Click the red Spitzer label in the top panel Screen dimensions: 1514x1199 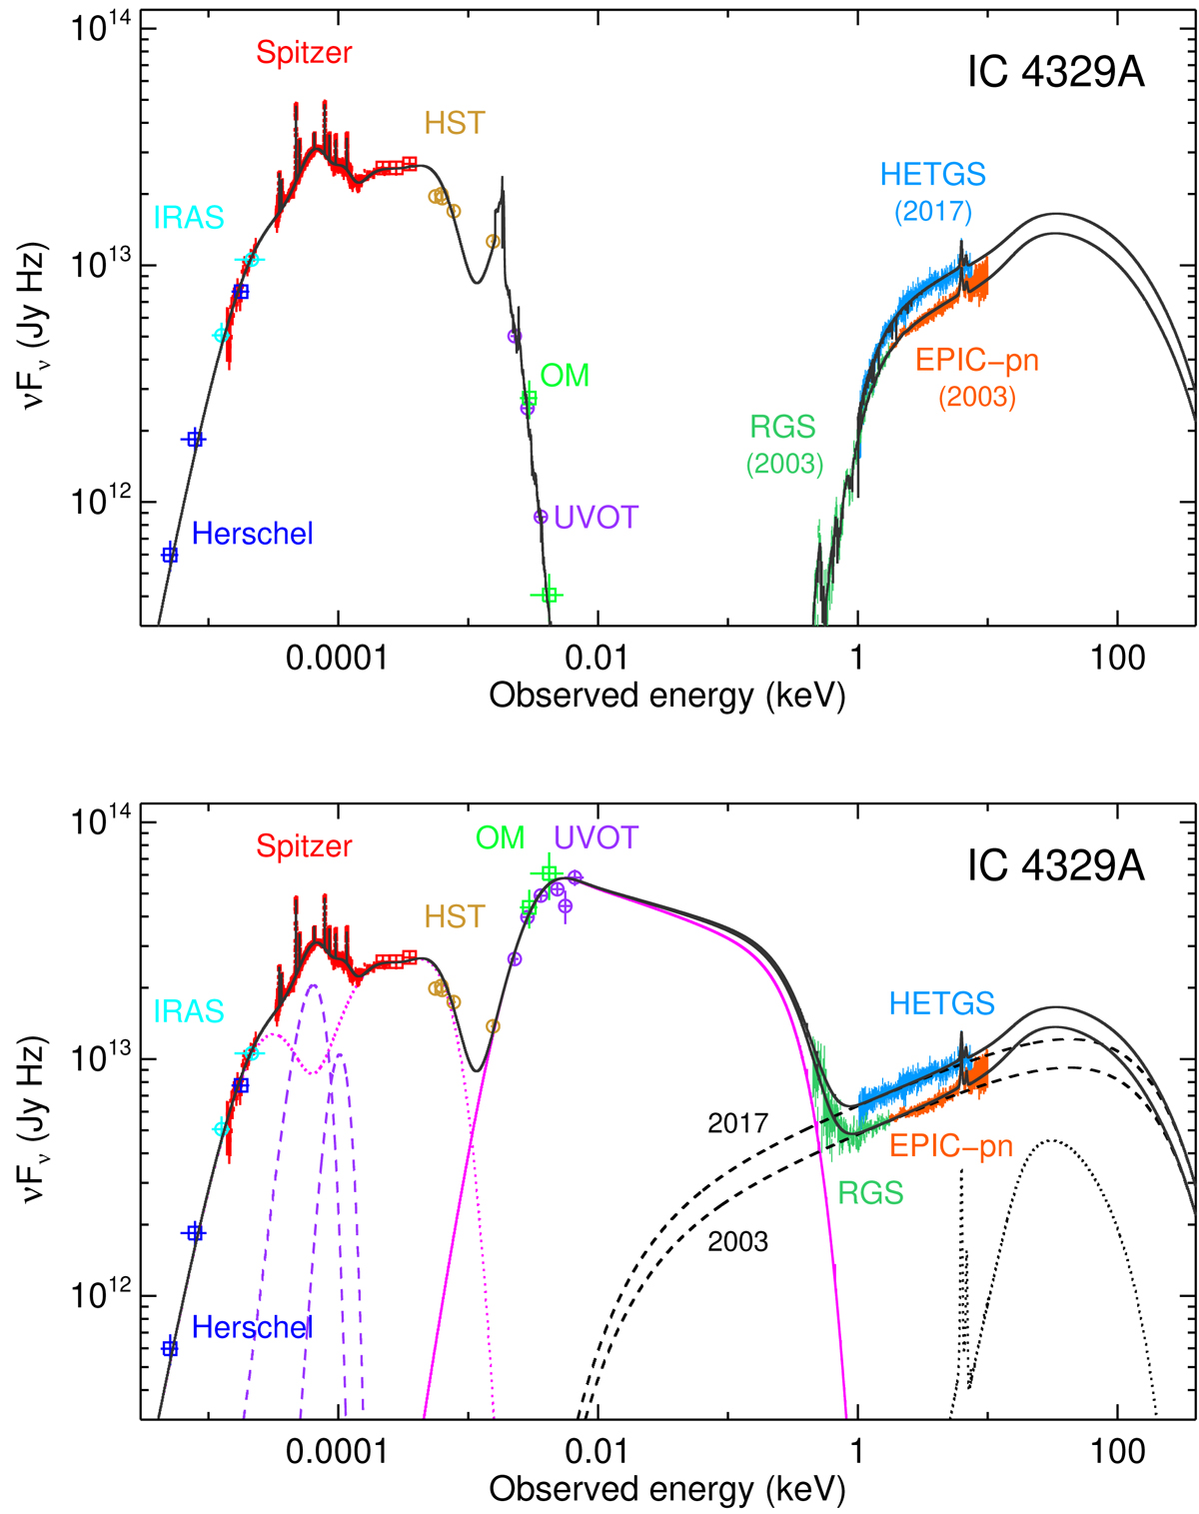coord(304,53)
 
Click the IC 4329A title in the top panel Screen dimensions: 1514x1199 coord(1055,74)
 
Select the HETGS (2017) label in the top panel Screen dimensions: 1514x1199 coord(932,190)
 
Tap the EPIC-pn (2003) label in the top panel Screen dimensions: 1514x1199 coord(976,377)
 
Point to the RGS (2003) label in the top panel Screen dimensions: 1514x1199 coord(784,445)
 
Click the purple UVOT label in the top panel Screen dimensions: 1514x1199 coord(596,518)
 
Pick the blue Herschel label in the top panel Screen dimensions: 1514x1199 coord(252,534)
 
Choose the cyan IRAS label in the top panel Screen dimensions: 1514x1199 coord(188,218)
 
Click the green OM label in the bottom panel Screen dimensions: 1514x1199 coord(500,837)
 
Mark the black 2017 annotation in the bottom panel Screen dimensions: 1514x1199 coord(737,1123)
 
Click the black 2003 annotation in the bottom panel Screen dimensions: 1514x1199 coord(737,1242)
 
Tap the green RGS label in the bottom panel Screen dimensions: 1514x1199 coord(870,1192)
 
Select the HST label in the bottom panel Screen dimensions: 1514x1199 coord(455,916)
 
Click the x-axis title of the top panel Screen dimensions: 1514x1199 coord(666,696)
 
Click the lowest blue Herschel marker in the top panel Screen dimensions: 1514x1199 coord(170,555)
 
